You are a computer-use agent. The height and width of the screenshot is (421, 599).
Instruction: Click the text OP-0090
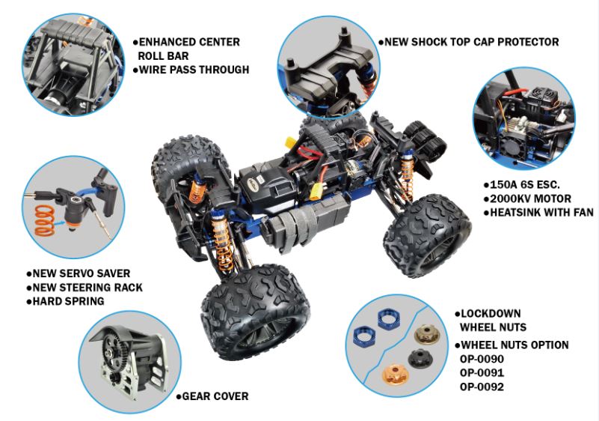[482, 359]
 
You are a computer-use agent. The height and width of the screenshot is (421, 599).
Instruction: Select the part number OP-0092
[482, 387]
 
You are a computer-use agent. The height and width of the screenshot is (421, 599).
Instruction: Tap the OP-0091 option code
[482, 373]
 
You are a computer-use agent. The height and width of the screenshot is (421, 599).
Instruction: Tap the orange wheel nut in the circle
[396, 374]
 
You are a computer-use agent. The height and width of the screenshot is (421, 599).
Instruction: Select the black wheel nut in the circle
[420, 357]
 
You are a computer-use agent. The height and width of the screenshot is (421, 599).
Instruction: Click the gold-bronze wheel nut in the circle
[427, 333]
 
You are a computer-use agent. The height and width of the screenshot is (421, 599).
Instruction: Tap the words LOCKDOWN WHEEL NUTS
[491, 321]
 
